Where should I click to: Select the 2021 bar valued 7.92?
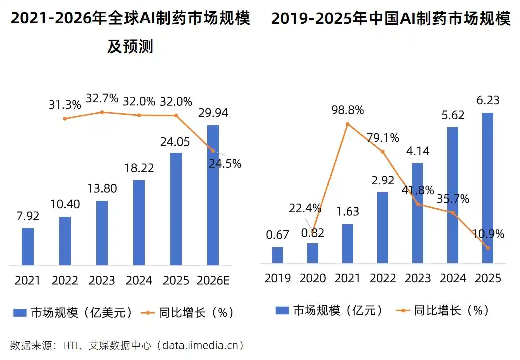tap(28, 247)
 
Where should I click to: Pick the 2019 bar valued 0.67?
tap(278, 255)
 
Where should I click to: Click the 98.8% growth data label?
tap(347, 110)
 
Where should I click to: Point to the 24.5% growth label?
tap(225, 163)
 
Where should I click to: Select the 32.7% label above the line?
tap(102, 98)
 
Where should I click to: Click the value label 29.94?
tap(213, 113)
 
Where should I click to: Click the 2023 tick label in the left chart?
tap(102, 281)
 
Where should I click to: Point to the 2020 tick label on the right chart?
tap(313, 278)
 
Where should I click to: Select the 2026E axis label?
tap(213, 281)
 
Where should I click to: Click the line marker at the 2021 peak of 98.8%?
tap(348, 124)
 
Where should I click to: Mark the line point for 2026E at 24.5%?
tap(213, 150)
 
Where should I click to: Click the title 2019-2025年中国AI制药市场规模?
tap(391, 19)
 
